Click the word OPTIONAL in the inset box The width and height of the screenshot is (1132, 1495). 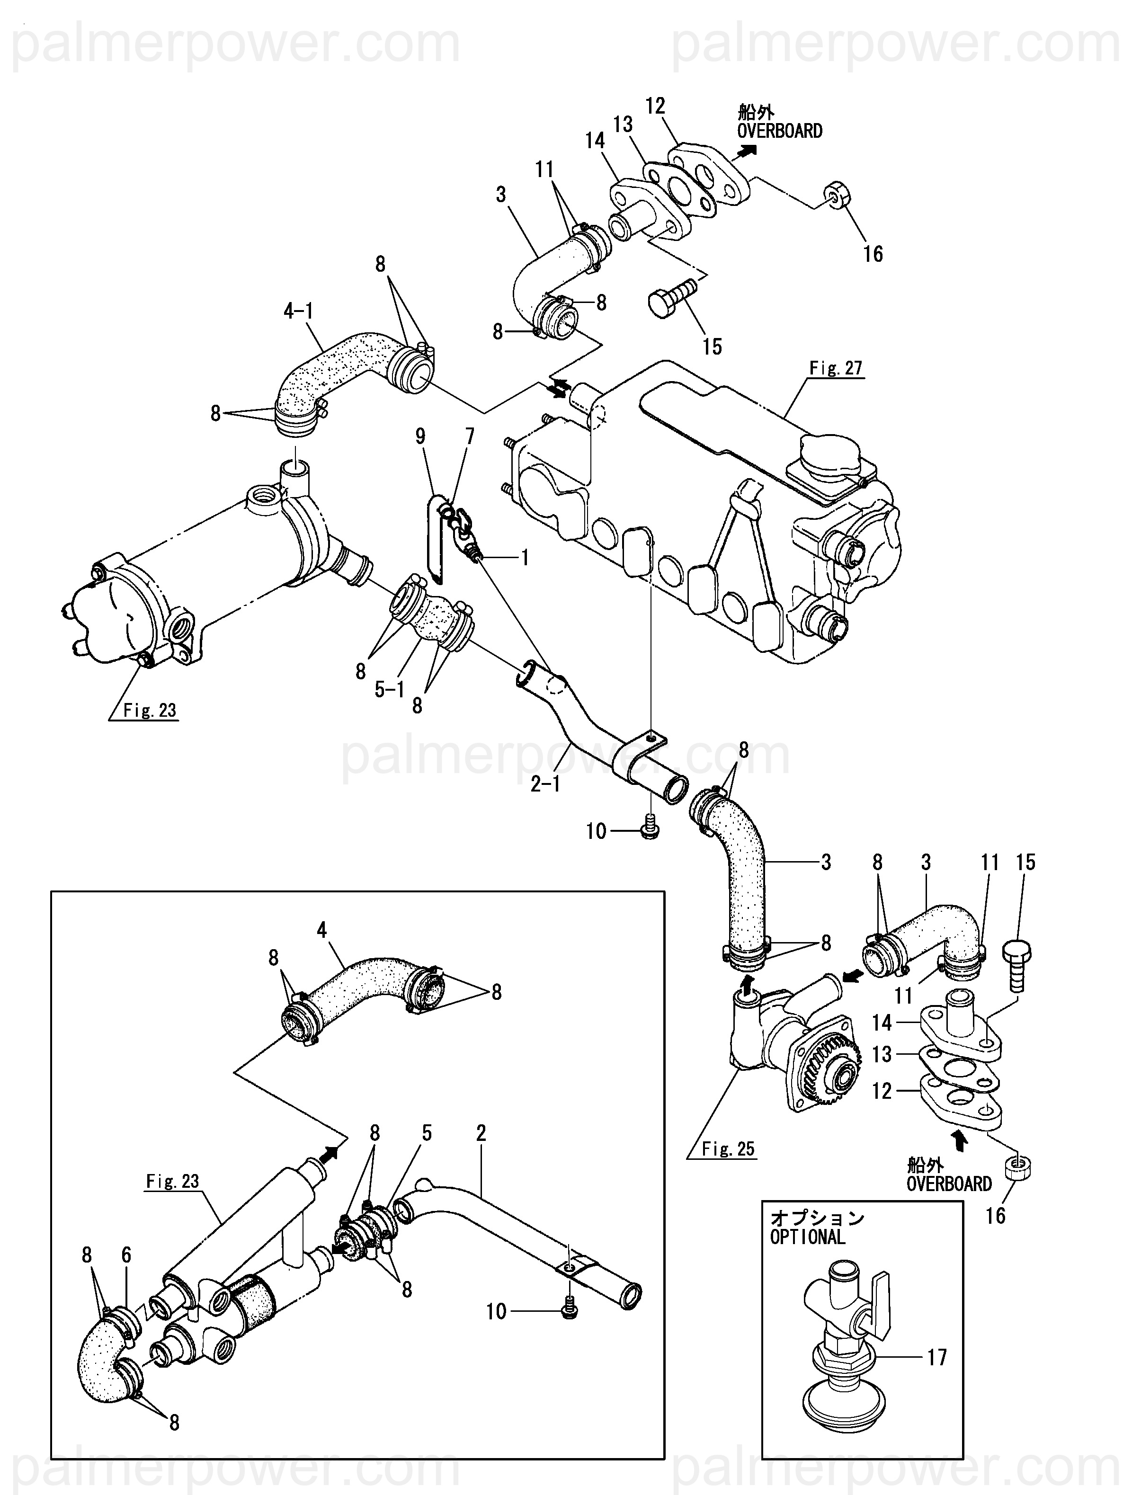(x=808, y=1237)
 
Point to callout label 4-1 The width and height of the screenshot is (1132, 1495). (x=298, y=311)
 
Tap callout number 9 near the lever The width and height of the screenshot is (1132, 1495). (x=420, y=436)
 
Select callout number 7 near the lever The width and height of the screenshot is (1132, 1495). (x=470, y=436)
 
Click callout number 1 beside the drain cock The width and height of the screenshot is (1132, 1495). (x=525, y=558)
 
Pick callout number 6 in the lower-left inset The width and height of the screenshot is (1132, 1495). (x=126, y=1255)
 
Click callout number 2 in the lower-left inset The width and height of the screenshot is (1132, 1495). (x=481, y=1133)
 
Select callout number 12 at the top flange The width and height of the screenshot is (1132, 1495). (x=655, y=106)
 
